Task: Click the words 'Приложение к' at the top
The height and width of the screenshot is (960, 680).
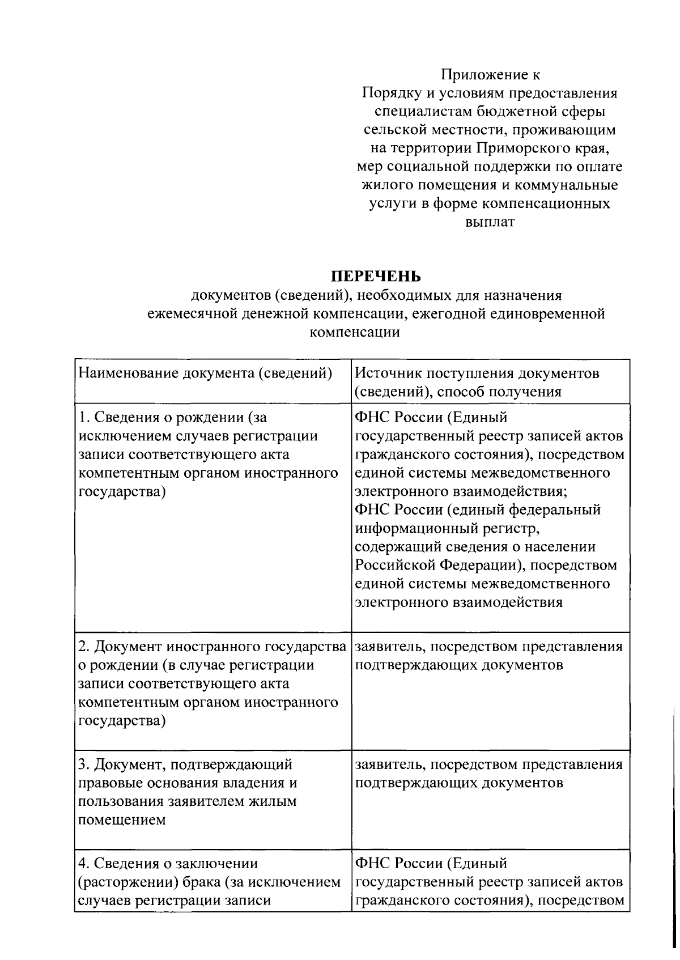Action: (x=491, y=74)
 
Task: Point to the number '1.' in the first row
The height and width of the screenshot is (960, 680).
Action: (x=84, y=418)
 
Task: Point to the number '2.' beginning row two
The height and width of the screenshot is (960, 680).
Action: (x=83, y=647)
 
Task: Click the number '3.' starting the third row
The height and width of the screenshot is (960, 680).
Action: (x=83, y=764)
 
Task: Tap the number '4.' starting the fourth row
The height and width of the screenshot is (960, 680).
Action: (x=83, y=863)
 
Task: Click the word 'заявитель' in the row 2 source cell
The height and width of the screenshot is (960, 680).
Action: (x=388, y=647)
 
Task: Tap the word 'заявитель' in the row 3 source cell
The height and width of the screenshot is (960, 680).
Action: (x=388, y=764)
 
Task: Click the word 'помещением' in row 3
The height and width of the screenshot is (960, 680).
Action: (x=122, y=820)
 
